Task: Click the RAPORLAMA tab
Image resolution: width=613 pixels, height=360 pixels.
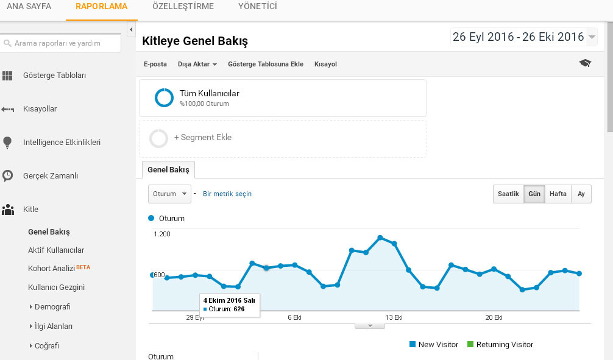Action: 101,6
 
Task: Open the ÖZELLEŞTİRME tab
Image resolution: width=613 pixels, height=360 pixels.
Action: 183,6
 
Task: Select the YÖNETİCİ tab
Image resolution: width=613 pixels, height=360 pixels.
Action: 258,6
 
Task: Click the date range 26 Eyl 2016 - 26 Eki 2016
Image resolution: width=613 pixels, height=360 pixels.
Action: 519,37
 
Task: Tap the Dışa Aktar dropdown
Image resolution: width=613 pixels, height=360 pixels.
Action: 197,64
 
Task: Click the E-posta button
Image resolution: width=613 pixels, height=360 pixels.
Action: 155,64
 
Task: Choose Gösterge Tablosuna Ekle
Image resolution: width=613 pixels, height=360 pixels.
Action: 266,64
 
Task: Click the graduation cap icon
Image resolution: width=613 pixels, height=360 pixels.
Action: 585,63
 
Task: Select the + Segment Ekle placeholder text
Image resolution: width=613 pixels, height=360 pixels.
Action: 203,137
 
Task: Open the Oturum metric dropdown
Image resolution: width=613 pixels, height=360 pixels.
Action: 169,194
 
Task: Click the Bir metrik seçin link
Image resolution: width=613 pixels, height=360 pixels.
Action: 227,194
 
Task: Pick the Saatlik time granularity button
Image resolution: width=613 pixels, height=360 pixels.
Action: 508,194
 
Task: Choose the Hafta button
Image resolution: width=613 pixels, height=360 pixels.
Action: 558,194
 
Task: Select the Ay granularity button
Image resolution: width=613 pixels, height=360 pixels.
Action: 581,194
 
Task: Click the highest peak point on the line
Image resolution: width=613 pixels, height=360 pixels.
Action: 380,238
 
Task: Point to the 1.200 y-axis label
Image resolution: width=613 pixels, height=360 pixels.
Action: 162,234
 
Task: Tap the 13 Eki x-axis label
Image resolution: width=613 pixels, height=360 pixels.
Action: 394,317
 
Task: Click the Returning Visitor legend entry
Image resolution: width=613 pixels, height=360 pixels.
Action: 500,344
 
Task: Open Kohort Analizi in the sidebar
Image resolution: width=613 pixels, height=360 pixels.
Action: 51,268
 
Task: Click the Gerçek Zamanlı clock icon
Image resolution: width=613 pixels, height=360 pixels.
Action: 7,176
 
